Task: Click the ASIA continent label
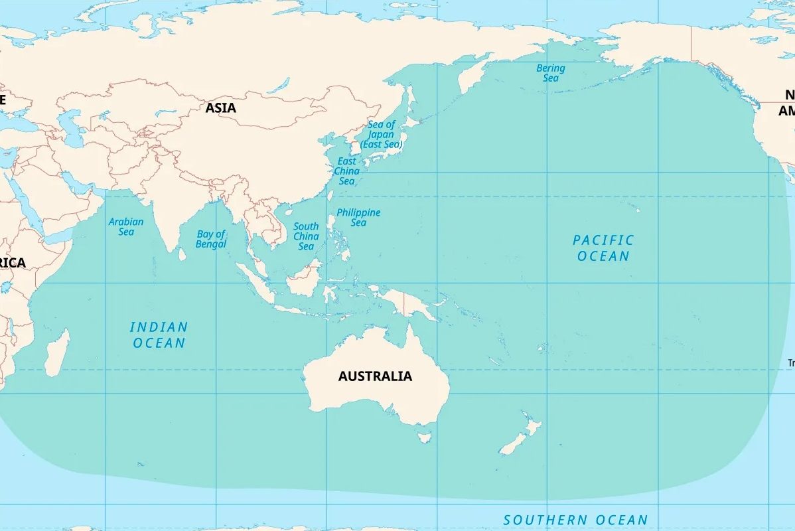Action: pos(220,108)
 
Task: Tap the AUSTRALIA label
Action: pos(375,376)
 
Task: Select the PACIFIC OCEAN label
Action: pos(603,248)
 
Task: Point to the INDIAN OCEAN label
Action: pos(159,335)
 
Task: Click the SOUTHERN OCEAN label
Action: pos(575,520)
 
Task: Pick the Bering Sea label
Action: pos(551,73)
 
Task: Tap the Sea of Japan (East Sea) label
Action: pos(382,134)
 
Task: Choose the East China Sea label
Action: pos(346,171)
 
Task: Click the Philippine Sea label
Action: pos(358,217)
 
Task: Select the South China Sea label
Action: pos(306,236)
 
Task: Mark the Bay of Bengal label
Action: pos(211,239)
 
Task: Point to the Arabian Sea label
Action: pos(126,226)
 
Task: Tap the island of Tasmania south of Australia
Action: pos(424,437)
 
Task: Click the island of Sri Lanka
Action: pos(181,253)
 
